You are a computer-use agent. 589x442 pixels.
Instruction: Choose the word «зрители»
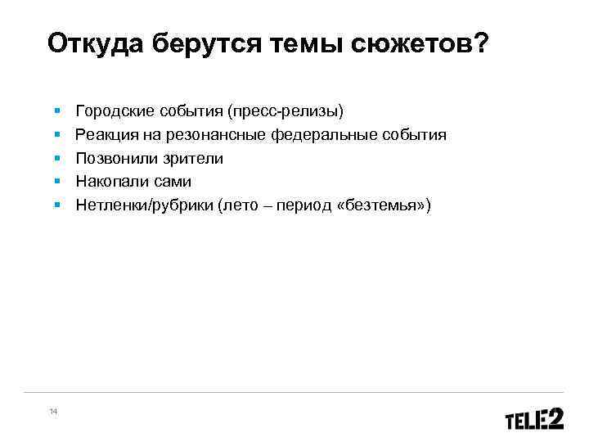coord(194,158)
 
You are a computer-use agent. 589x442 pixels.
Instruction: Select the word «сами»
coord(171,182)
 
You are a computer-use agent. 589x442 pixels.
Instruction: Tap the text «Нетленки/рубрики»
coord(144,205)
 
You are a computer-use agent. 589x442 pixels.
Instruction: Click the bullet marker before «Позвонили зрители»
coord(56,156)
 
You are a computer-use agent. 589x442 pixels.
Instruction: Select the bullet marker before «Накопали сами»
coord(56,180)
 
